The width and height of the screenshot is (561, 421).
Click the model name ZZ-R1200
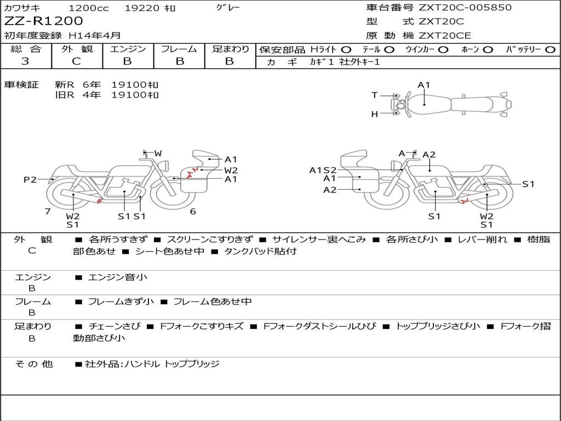pos(43,21)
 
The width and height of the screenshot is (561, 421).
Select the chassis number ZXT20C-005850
pos(465,7)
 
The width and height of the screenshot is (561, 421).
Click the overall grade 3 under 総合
pos(25,61)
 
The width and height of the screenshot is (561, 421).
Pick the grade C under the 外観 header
pos(77,61)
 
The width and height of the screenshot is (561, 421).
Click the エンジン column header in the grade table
pos(128,49)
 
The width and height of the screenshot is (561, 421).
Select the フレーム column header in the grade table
pos(179,49)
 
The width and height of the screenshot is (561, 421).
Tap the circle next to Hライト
pos(346,50)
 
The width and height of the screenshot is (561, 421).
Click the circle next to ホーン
pos(488,50)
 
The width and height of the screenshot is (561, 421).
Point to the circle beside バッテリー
pos(550,50)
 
